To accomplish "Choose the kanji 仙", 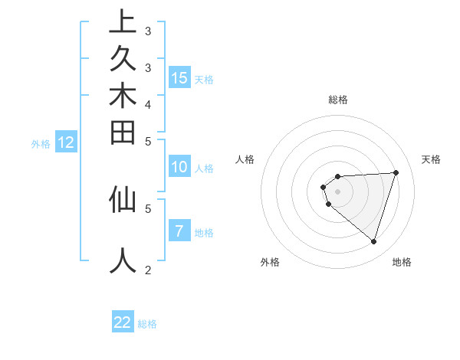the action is pos(123,200).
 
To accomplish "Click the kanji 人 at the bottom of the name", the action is pos(123,260).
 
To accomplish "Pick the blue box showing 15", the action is pos(179,77).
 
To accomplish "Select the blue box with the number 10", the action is pos(179,167).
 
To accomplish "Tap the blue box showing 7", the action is pos(179,231).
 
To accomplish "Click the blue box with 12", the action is pos(66,142).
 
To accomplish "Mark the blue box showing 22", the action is pos(123,322).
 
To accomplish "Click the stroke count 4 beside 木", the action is pos(147,103).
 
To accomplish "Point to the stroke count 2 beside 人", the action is pos(147,270).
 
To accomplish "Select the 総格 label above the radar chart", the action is pos(337,100).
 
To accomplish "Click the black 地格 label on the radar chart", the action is pos(402,262).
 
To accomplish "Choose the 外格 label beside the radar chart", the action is pos(269,262).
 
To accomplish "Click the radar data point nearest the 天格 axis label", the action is pos(396,172).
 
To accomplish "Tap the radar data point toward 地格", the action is pos(373,241).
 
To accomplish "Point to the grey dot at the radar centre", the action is pos(337,191).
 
